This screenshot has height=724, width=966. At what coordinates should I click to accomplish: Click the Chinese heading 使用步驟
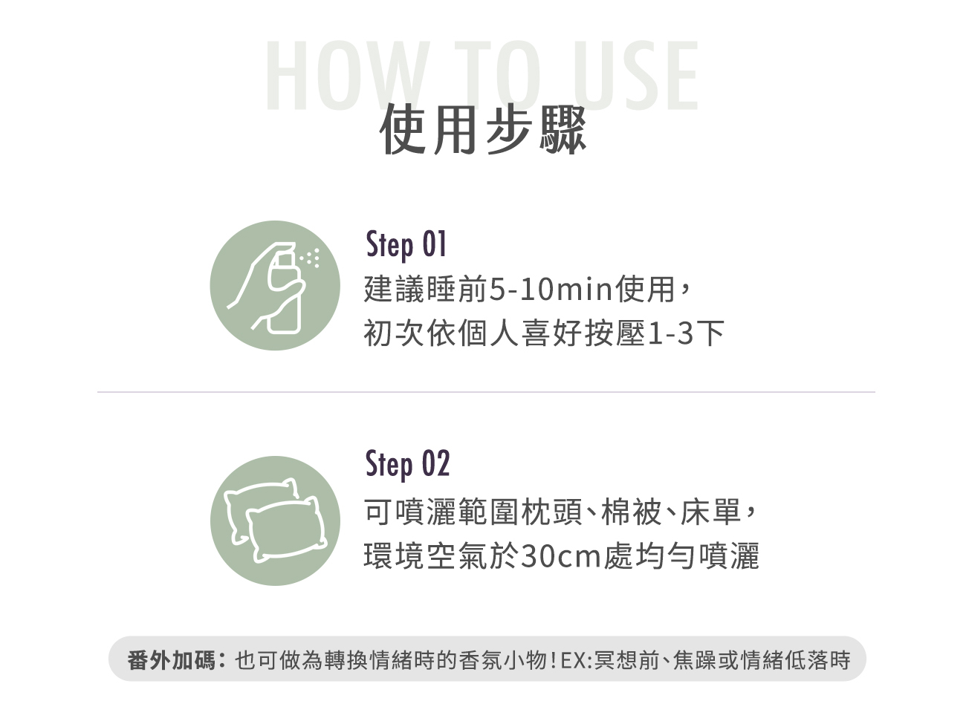click(483, 131)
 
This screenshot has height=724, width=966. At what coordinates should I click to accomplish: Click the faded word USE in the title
click(635, 75)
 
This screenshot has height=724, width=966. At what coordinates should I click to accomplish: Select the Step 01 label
click(406, 245)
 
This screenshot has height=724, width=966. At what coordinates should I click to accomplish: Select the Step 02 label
click(407, 464)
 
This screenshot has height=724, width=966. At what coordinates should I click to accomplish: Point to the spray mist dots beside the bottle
click(311, 258)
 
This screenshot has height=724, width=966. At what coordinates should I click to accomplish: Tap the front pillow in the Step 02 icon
click(287, 529)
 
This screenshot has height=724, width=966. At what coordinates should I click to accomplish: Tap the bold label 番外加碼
click(172, 660)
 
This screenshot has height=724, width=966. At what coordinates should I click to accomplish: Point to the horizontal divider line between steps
click(486, 391)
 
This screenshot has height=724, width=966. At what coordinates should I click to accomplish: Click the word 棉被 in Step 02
click(631, 512)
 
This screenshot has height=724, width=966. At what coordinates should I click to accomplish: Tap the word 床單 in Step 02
click(710, 512)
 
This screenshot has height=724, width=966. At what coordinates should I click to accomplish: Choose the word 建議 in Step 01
click(395, 290)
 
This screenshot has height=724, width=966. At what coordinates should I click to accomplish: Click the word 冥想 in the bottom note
click(616, 660)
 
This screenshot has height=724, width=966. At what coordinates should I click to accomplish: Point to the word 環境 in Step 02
click(395, 556)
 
